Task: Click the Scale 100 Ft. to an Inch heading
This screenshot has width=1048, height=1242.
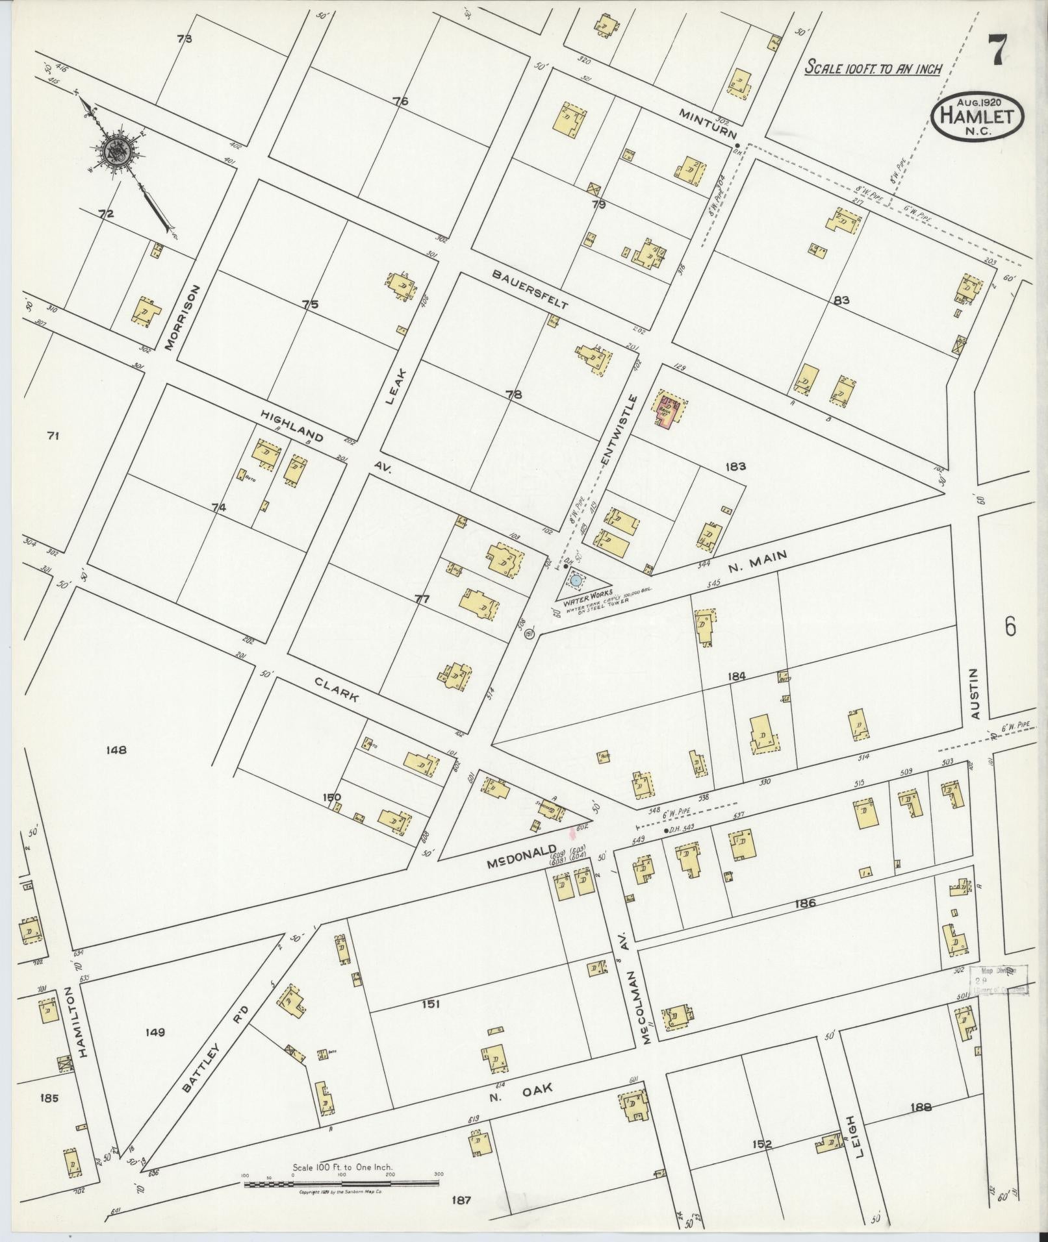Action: tap(873, 68)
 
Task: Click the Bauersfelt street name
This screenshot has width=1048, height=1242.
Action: tap(530, 289)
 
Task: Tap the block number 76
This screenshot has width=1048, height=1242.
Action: tap(400, 101)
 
